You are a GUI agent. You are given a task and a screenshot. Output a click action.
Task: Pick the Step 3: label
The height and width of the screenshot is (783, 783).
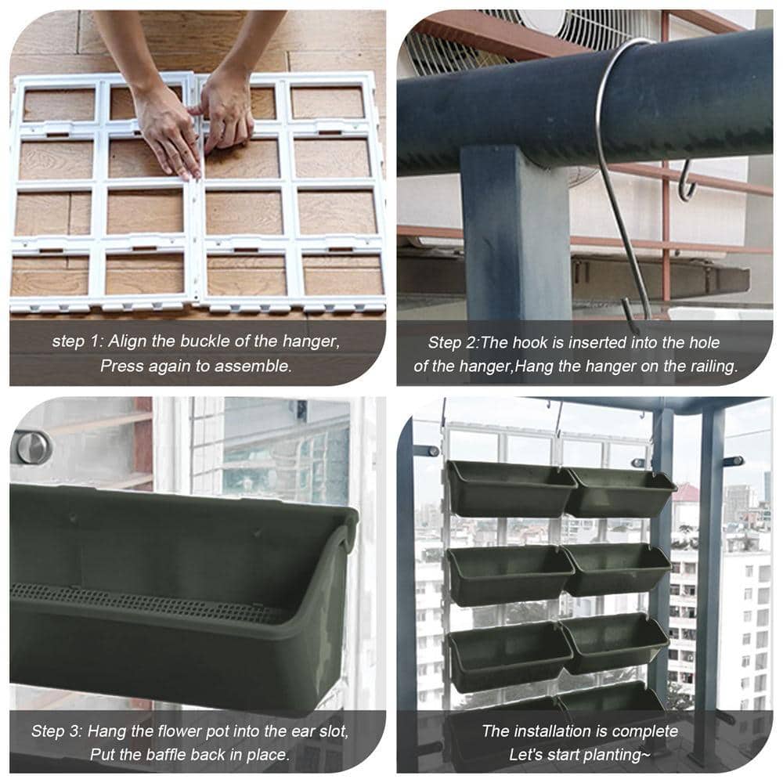(x=56, y=731)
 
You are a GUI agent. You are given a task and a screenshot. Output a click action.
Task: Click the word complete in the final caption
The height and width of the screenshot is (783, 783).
(x=640, y=731)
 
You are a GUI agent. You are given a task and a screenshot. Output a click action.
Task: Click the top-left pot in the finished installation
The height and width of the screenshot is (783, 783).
(x=509, y=489)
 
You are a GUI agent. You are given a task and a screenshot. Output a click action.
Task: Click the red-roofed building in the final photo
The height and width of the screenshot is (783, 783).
(x=686, y=493)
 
